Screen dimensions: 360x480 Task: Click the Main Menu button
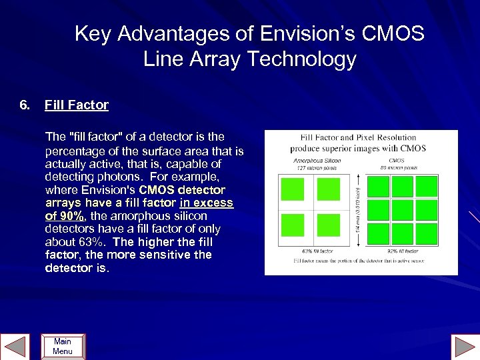click(63, 346)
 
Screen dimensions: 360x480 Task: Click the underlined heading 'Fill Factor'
click(76, 105)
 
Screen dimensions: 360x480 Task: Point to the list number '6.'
click(25, 105)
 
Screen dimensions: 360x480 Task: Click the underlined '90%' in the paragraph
click(70, 216)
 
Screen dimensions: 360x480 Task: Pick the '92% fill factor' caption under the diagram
click(403, 251)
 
